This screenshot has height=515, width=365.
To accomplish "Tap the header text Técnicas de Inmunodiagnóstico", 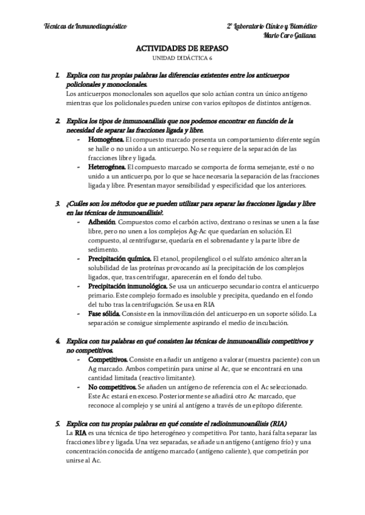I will tap(86, 27).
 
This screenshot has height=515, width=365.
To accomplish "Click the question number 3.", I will tap(57, 203).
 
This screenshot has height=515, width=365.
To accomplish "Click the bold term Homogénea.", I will tap(106, 139).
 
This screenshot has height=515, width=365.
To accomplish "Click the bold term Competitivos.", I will tap(111, 359).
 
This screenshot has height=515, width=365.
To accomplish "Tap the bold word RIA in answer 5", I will tap(80, 433).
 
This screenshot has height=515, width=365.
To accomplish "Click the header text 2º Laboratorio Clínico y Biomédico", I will tap(271, 27).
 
